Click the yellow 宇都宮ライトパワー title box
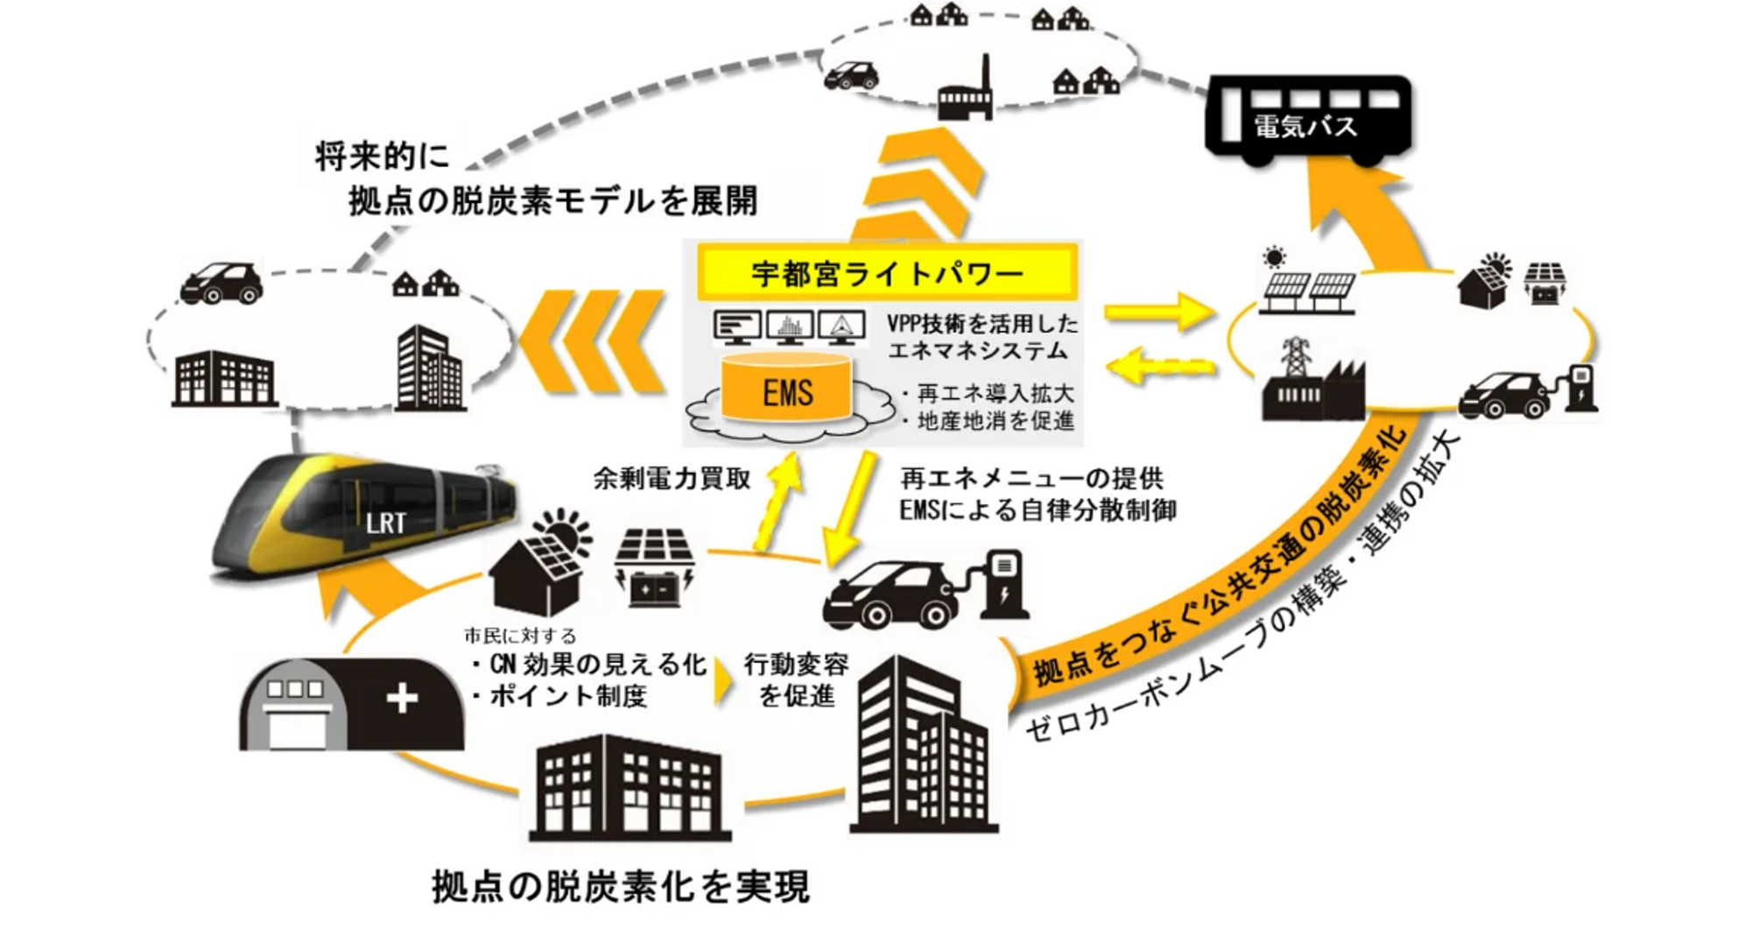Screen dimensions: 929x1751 [886, 273]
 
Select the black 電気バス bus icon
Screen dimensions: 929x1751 [1308, 121]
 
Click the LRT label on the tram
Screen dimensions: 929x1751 [385, 524]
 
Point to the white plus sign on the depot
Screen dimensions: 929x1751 [402, 699]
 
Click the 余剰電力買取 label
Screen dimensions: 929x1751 [672, 479]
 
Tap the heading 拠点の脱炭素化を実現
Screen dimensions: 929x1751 [621, 886]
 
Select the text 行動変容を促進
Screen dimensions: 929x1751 [796, 680]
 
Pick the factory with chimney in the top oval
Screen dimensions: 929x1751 [965, 92]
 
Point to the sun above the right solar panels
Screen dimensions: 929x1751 [1274, 257]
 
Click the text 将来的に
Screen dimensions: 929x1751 [383, 158]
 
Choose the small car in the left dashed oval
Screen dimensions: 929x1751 [221, 282]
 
